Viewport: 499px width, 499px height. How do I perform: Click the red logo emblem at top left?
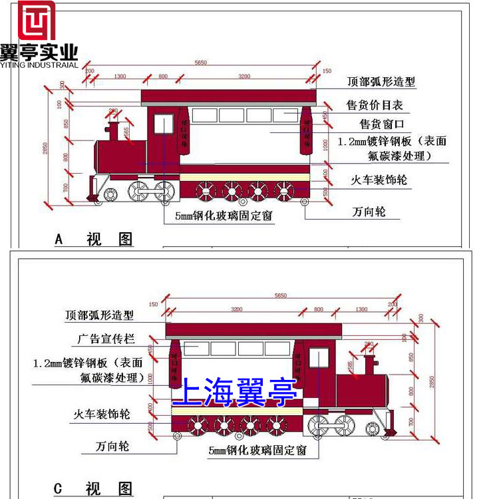pos(37,20)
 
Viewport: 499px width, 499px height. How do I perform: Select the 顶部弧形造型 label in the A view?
pos(381,82)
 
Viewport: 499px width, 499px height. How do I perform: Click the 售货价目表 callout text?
pos(375,105)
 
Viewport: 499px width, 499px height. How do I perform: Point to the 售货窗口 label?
pos(382,124)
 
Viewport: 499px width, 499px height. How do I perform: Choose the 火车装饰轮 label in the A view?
pos(379,180)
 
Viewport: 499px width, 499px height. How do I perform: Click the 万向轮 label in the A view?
pos(368,212)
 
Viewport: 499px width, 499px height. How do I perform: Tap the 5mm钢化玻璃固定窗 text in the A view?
pos(224,216)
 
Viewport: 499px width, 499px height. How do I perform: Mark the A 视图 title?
pos(94,239)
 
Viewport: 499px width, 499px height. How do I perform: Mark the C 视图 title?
pos(93,489)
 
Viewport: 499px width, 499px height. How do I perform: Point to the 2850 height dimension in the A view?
pos(46,149)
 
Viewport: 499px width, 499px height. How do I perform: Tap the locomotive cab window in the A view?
pos(163,124)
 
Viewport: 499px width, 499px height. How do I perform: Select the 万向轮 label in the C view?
pos(112,446)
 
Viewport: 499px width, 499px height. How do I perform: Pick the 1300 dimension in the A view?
pos(120,77)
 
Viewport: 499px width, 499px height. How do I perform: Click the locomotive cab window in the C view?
pos(318,358)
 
